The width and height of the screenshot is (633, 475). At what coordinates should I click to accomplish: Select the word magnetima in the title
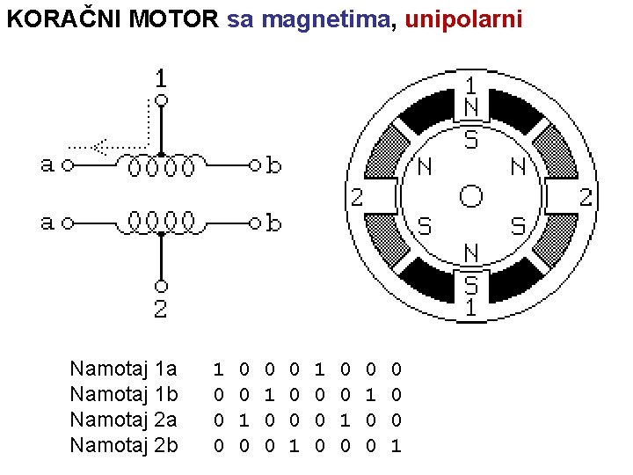(338, 19)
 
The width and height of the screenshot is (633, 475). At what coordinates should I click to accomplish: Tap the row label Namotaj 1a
(123, 368)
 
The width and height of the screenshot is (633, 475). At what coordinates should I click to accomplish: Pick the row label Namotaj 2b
(123, 445)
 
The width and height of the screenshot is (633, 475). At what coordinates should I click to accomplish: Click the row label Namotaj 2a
(123, 420)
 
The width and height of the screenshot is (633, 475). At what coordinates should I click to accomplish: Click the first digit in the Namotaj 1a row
(219, 368)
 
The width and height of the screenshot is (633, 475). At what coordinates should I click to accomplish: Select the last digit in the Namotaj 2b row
(396, 445)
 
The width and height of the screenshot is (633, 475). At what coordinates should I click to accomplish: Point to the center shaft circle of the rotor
(471, 195)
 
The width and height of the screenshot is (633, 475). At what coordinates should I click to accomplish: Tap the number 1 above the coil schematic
(161, 78)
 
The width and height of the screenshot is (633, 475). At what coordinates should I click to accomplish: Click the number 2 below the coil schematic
(161, 307)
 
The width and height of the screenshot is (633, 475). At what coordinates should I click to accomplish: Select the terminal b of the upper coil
(273, 164)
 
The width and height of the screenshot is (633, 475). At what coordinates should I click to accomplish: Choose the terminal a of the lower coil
(47, 222)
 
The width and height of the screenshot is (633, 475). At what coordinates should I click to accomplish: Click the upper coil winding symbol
(161, 164)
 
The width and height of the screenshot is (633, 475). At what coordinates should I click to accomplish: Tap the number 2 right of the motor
(586, 197)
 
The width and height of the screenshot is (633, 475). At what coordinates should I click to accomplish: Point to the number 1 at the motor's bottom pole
(471, 306)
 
